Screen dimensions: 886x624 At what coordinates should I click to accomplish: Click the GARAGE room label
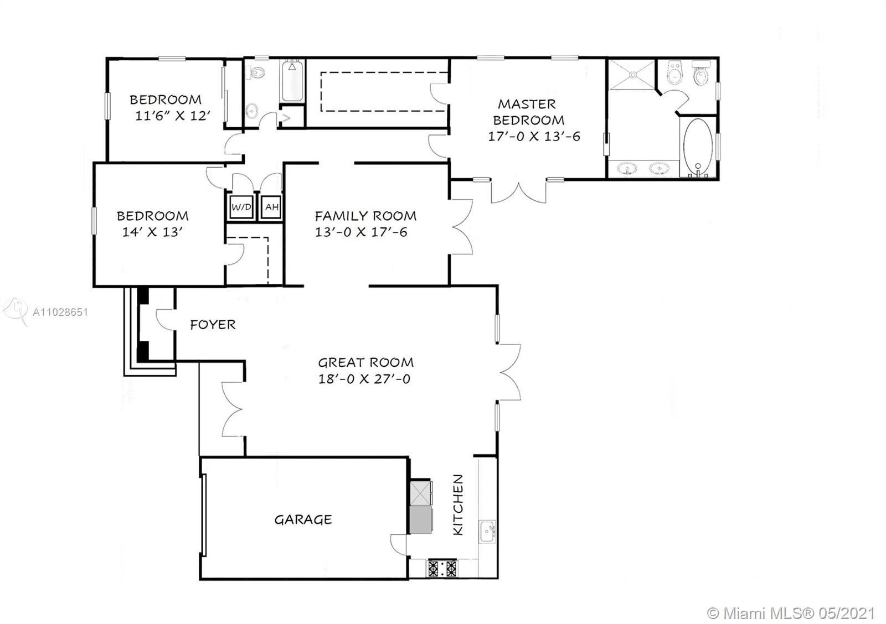pos(303,519)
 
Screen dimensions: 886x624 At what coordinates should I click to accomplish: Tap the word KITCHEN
pos(457,505)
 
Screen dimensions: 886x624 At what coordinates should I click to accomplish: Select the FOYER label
pos(213,325)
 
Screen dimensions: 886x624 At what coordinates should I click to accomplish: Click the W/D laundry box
pos(241,207)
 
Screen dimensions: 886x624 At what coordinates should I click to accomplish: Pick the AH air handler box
pos(271,207)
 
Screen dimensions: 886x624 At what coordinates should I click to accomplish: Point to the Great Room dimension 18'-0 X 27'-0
pos(364,379)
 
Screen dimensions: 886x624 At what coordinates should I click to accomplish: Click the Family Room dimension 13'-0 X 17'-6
pos(360,232)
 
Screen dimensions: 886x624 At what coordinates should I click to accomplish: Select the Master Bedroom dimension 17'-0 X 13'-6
pos(534,136)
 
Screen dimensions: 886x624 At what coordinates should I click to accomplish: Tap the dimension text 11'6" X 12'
pos(172,116)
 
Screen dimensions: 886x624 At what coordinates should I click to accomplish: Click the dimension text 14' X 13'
pos(152,232)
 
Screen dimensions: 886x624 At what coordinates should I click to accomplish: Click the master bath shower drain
pos(633,74)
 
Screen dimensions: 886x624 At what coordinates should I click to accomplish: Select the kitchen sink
pos(487,532)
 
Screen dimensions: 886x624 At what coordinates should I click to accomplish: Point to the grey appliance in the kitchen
pos(421,519)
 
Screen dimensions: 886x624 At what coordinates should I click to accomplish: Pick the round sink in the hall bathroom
pos(252,110)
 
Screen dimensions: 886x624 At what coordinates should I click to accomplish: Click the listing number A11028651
pos(60,313)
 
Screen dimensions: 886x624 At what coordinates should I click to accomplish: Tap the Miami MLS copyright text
pos(791,613)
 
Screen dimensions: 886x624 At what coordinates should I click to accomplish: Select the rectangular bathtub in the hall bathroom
pos(292,81)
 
